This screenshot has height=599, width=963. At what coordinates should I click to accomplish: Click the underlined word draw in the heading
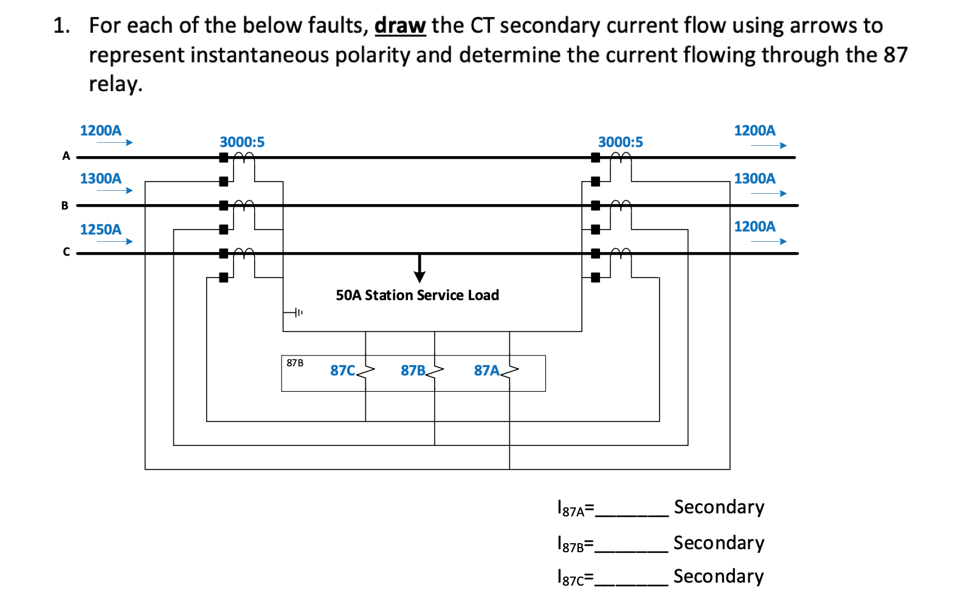pyautogui.click(x=400, y=26)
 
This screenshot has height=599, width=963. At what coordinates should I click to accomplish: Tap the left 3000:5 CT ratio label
pyautogui.click(x=242, y=142)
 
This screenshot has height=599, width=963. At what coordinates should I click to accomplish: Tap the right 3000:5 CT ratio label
pyautogui.click(x=620, y=142)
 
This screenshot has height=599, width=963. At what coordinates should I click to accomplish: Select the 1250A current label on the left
pyautogui.click(x=101, y=230)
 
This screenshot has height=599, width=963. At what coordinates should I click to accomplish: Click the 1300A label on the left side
pyautogui.click(x=101, y=179)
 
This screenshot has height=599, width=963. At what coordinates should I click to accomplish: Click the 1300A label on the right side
pyautogui.click(x=754, y=179)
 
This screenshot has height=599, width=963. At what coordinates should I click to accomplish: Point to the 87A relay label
pyautogui.click(x=486, y=371)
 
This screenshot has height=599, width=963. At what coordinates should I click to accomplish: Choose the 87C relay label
pyautogui.click(x=342, y=371)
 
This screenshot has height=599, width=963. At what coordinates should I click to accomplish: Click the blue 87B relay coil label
pyautogui.click(x=413, y=371)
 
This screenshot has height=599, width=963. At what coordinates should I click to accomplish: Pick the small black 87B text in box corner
pyautogui.click(x=295, y=363)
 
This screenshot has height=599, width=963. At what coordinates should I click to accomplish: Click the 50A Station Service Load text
pyautogui.click(x=417, y=295)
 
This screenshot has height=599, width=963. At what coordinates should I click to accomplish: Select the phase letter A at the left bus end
pyautogui.click(x=66, y=156)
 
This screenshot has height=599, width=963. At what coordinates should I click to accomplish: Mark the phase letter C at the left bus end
pyautogui.click(x=66, y=252)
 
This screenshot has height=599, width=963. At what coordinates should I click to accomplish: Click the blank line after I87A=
pyautogui.click(x=631, y=514)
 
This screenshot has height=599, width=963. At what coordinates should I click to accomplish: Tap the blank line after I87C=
pyautogui.click(x=631, y=583)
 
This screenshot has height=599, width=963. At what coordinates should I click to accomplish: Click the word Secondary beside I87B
pyautogui.click(x=719, y=543)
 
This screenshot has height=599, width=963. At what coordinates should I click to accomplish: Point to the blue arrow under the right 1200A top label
pyautogui.click(x=768, y=145)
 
